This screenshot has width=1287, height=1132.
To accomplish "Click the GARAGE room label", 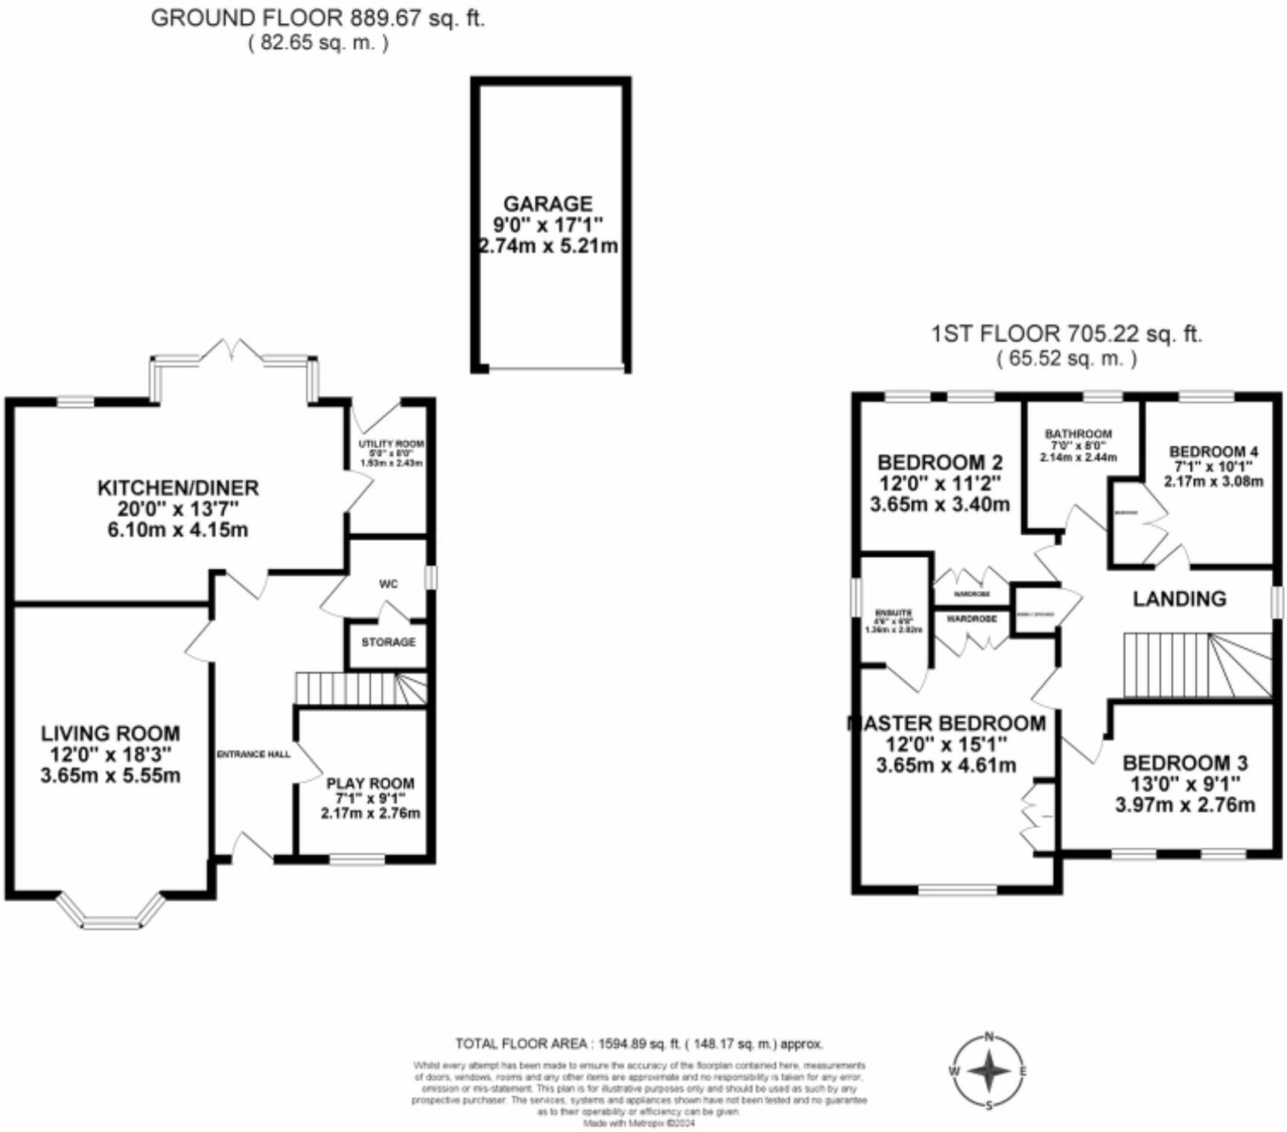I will click(548, 203).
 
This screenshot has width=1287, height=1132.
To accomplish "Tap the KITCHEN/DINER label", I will click(178, 489).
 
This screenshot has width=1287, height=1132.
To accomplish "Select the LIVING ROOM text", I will click(110, 734).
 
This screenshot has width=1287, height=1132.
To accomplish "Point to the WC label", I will click(388, 584).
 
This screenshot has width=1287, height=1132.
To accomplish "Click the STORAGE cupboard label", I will click(388, 642).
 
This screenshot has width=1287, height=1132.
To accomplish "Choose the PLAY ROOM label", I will click(370, 783).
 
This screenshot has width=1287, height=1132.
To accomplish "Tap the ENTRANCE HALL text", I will click(253, 754).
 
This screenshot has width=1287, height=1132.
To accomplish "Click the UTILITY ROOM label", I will click(391, 444).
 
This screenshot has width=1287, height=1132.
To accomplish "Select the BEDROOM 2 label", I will click(940, 462).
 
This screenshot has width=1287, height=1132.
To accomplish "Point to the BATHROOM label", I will click(1078, 433).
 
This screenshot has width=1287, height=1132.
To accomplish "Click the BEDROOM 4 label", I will click(1213, 451).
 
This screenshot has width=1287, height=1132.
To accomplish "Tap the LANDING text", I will click(1179, 599).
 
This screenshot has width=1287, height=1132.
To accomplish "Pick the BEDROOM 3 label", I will click(1185, 763).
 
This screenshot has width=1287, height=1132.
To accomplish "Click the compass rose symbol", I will click(988, 1072).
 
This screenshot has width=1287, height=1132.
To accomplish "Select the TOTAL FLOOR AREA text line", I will click(639, 1044).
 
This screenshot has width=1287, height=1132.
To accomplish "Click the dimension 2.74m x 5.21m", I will click(548, 245).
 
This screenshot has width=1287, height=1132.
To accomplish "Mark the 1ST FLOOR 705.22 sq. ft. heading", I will click(1067, 334).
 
